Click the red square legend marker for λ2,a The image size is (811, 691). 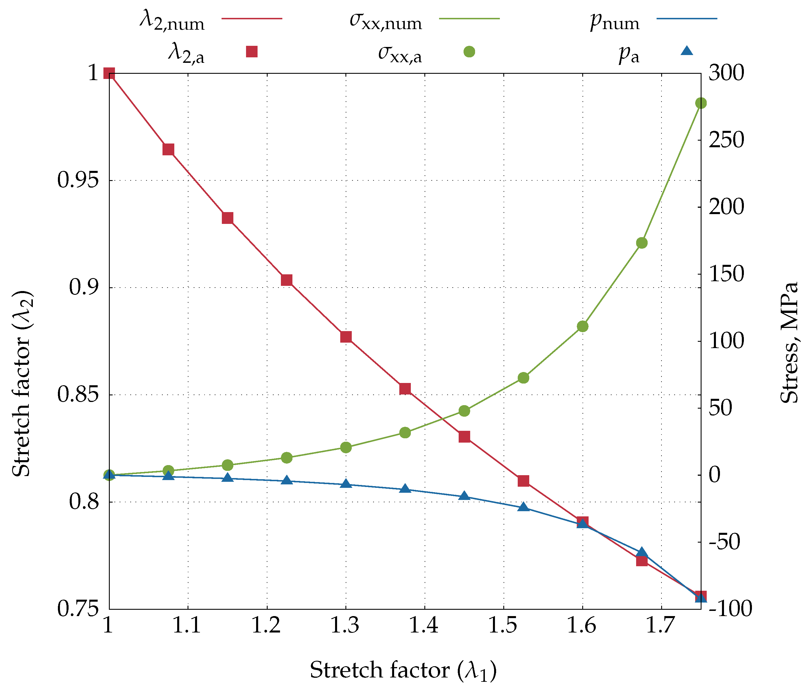252,51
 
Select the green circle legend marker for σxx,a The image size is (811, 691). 469,51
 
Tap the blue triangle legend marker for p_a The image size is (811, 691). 687,51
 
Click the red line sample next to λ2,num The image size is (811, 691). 252,18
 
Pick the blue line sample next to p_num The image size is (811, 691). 687,18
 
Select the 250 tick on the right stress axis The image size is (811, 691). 726,140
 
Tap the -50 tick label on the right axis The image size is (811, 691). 724,542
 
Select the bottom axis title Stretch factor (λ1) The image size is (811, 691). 403,670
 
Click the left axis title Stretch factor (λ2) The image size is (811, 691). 22,384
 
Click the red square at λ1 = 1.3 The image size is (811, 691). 346,337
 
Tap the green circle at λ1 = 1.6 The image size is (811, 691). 583,326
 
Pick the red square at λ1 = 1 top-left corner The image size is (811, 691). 109,73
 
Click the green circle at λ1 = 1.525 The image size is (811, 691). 523,378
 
